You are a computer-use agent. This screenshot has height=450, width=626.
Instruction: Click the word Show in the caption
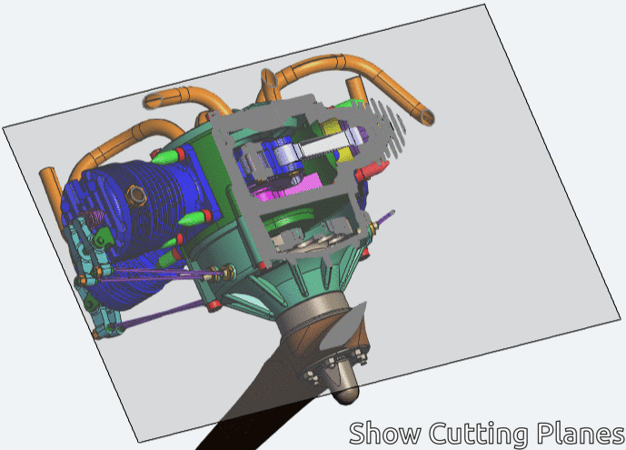point(385,433)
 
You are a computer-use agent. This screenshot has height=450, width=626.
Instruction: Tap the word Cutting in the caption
point(478,434)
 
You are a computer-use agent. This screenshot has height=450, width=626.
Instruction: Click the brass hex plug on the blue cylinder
point(136,195)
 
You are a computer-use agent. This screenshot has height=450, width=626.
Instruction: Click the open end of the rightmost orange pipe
point(428,117)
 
